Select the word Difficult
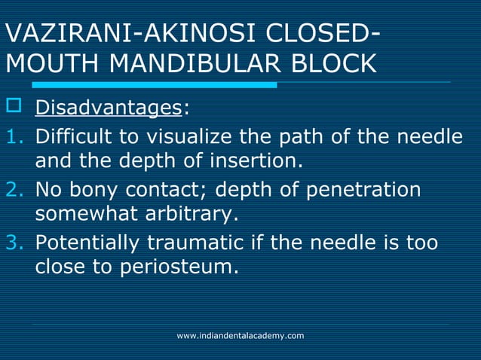point(72,138)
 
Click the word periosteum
point(178,267)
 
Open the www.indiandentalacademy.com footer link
point(240,335)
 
